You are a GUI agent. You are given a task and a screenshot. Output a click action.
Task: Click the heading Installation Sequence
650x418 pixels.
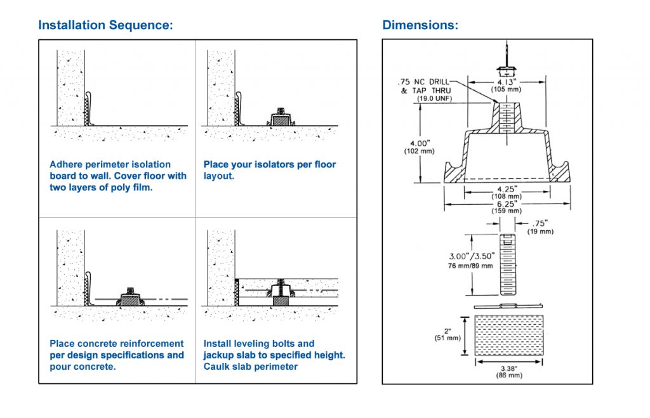coord(105,25)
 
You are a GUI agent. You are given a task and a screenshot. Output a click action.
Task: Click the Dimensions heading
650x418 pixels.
coord(420,25)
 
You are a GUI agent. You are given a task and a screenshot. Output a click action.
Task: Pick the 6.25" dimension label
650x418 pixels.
coord(506,204)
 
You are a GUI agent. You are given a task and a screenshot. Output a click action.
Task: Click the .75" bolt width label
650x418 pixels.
coord(540,223)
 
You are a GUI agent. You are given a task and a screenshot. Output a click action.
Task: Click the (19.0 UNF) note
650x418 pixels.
coord(433,99)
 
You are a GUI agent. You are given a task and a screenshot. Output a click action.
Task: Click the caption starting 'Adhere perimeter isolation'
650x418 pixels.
coord(118,176)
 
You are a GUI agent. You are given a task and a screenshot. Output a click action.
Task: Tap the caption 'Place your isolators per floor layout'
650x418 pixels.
coord(269,169)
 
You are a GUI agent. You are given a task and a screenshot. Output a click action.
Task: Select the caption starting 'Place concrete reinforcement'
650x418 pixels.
coord(117,355)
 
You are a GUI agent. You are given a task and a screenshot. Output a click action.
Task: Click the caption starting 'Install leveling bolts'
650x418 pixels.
coord(274,355)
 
